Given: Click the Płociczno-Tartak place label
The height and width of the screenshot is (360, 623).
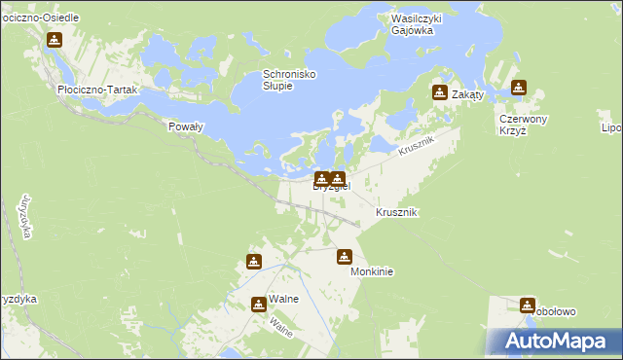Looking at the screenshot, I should point(99,89).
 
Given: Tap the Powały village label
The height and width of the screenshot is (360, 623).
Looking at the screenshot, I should point(185,126).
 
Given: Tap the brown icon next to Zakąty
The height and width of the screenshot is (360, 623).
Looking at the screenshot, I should point(439,93).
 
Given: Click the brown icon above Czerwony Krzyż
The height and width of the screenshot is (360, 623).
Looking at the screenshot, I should point(519,88).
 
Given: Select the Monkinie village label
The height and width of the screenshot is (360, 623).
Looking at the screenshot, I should point(372,272).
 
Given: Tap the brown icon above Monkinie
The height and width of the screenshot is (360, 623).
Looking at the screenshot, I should point(344,257).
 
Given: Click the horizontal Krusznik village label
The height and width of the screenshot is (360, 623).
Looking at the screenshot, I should point(397,212).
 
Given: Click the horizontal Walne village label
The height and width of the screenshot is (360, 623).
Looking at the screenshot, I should point(284,300).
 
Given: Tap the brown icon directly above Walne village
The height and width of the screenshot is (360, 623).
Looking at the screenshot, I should point(254,261).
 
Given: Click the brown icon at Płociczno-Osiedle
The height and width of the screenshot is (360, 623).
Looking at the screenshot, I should point(55,40).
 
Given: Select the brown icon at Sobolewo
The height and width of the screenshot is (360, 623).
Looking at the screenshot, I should point(528,305).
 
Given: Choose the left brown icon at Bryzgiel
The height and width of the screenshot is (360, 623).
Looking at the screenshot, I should point(320,178).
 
